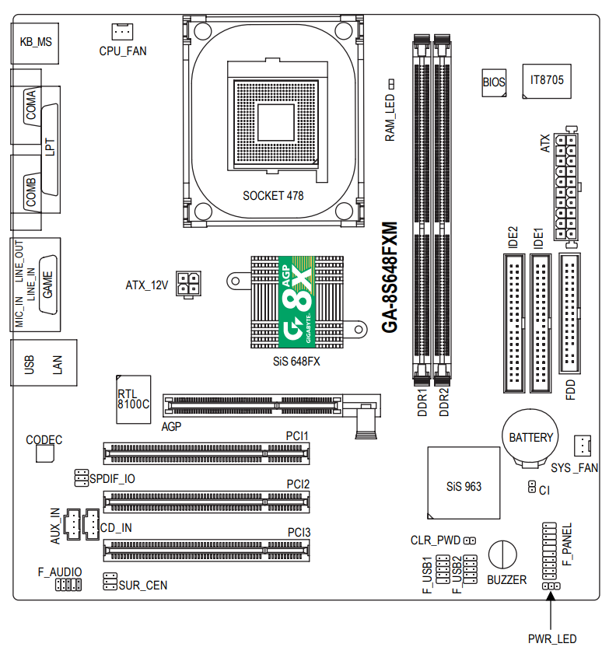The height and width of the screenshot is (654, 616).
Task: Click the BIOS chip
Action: [494, 82]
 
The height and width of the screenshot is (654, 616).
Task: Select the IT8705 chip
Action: [547, 81]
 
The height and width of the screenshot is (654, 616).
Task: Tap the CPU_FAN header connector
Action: [122, 31]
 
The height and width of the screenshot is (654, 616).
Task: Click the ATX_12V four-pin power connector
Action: [188, 284]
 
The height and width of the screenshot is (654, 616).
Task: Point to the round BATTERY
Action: [530, 438]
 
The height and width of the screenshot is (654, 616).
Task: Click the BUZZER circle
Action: [502, 554]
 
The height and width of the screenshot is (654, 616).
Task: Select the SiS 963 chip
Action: [464, 483]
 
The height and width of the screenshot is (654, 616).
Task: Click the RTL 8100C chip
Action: [134, 399]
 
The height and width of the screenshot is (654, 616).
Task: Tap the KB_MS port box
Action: [35, 44]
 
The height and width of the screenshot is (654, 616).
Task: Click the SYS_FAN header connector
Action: [583, 445]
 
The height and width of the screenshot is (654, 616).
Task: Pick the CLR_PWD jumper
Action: [470, 540]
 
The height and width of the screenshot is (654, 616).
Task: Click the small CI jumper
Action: [532, 487]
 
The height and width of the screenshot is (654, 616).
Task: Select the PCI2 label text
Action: [298, 484]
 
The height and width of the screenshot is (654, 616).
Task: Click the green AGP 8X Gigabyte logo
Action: [296, 302]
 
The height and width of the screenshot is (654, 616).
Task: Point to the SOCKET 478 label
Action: [273, 196]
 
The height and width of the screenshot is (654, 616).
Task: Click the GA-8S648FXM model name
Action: [390, 278]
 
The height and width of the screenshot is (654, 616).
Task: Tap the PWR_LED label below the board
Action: [552, 638]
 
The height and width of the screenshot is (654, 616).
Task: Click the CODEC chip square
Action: [45, 453]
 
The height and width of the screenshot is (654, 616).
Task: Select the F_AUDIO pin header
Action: [68, 585]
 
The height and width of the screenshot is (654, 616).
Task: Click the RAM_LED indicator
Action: [391, 84]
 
